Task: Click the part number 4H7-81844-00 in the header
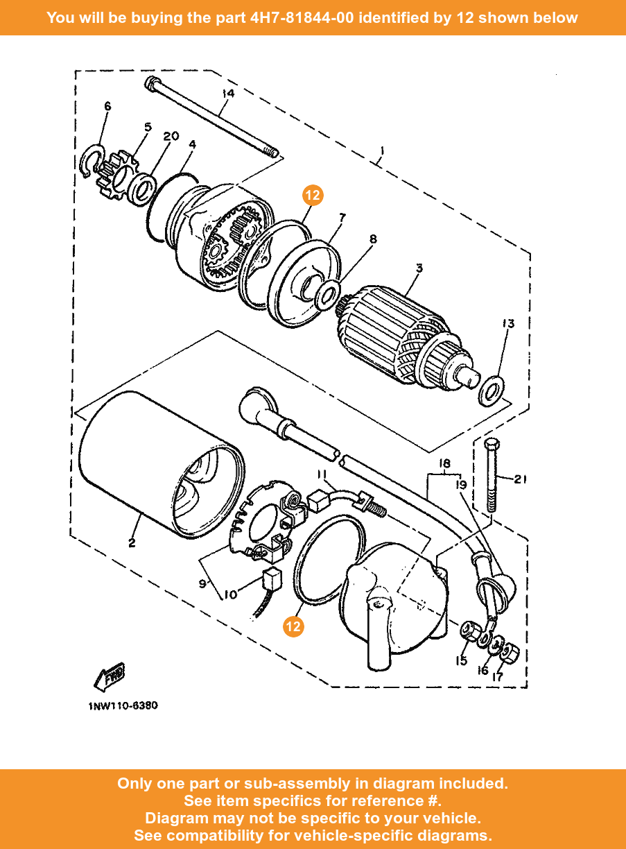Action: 302,17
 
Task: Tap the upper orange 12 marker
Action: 313,195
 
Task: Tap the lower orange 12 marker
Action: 293,626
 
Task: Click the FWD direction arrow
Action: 109,677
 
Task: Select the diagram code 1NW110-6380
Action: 123,705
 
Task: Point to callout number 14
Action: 228,94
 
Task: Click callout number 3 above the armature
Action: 419,268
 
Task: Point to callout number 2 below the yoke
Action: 132,543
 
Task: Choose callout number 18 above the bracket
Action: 444,463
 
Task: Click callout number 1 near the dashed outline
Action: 382,151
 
